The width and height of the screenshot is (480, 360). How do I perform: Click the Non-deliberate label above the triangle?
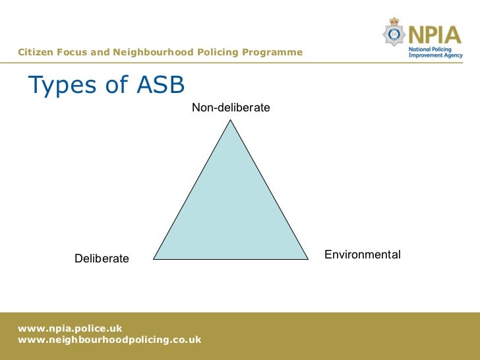pyautogui.click(x=231, y=107)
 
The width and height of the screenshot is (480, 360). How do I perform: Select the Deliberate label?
pyautogui.click(x=102, y=258)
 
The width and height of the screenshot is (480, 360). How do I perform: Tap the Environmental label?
pyautogui.click(x=363, y=255)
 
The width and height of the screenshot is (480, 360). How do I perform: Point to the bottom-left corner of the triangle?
pyautogui.click(x=154, y=258)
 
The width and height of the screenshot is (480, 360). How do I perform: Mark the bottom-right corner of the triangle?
pyautogui.click(x=308, y=258)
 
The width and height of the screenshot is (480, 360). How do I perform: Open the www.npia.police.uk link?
pyautogui.click(x=70, y=328)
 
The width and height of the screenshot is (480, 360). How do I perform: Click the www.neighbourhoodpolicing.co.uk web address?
pyautogui.click(x=109, y=340)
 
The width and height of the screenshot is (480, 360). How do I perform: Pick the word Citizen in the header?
pyautogui.click(x=36, y=52)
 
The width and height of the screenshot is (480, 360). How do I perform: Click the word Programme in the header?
pyautogui.click(x=275, y=52)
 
